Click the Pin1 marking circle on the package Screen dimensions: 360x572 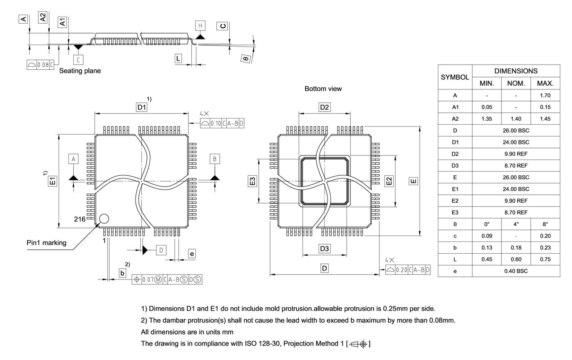click(x=104, y=219)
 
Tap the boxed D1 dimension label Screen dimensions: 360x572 click(x=142, y=107)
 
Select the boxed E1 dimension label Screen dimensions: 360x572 click(x=53, y=181)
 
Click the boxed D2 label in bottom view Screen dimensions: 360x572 click(x=324, y=107)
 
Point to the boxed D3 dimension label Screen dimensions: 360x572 click(x=324, y=249)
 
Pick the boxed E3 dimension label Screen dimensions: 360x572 click(x=252, y=181)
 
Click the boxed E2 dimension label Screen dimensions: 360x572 click(x=389, y=181)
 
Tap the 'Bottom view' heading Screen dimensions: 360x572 click(x=323, y=89)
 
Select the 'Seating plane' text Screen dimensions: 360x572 click(x=80, y=71)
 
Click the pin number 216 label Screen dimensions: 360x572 click(x=80, y=219)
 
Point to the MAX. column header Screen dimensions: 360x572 click(x=545, y=83)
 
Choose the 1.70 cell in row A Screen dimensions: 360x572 click(x=545, y=95)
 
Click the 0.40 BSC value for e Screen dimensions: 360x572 click(x=516, y=271)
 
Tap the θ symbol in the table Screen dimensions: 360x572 click(x=455, y=224)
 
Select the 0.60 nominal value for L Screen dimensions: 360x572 click(x=516, y=259)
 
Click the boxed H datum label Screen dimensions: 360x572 click(x=200, y=26)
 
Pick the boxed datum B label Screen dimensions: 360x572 click(x=215, y=159)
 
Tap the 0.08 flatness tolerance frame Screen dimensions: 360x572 click(x=40, y=65)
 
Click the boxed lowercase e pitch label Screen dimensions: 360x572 click(x=192, y=254)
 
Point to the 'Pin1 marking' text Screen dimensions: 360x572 click(x=46, y=243)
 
